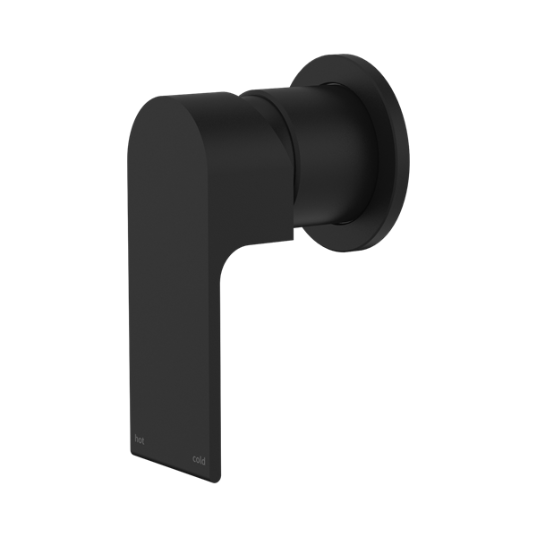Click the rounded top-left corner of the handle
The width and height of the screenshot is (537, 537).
[143, 107]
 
